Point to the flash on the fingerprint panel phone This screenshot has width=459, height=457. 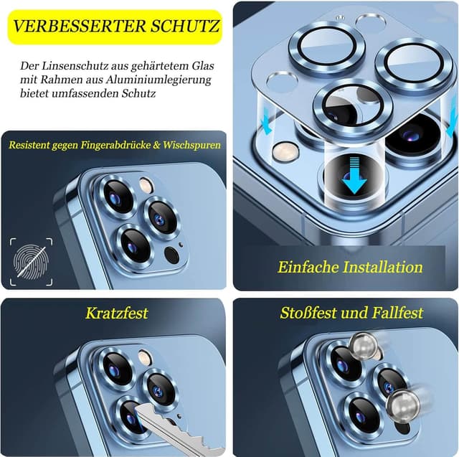(x=146, y=184)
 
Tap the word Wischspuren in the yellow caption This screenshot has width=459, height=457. (x=194, y=145)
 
